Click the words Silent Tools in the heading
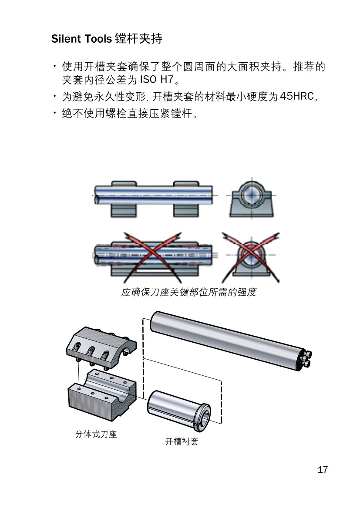tap(81, 39)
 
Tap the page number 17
tap(323, 470)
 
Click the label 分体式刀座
tap(96, 434)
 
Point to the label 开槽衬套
tap(182, 442)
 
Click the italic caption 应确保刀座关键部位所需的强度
tap(188, 292)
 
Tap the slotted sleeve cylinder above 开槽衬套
tap(174, 407)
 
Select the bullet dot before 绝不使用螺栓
tap(55, 115)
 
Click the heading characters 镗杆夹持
tap(138, 39)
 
